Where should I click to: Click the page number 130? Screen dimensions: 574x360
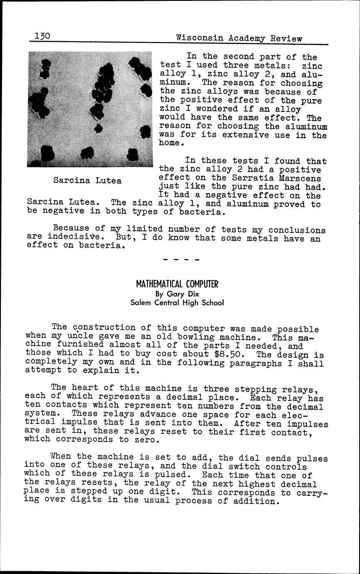pos(42,36)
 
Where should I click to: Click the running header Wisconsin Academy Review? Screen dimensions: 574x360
pos(239,38)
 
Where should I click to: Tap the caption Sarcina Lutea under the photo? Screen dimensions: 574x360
pos(87,181)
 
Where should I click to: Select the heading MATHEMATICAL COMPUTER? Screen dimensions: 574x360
pos(177,285)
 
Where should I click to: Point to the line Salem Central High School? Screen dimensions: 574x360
pos(177,303)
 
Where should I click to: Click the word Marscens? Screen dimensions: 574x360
pos(306,178)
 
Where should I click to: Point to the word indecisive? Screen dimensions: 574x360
pos(73,237)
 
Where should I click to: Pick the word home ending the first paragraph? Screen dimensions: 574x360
pos(170,143)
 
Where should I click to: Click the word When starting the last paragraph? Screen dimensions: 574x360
pos(61,457)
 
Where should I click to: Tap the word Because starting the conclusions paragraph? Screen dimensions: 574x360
pos(71,228)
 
